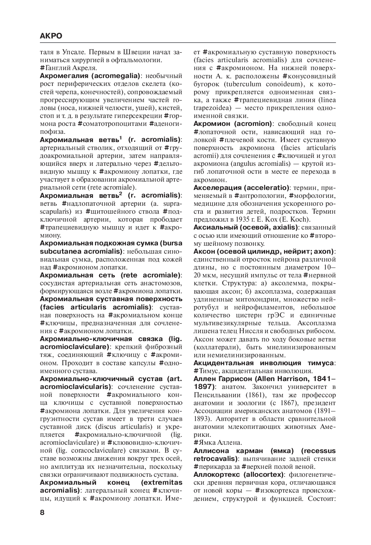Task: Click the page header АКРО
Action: pos(51,36)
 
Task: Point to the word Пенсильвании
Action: pos(217,395)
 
